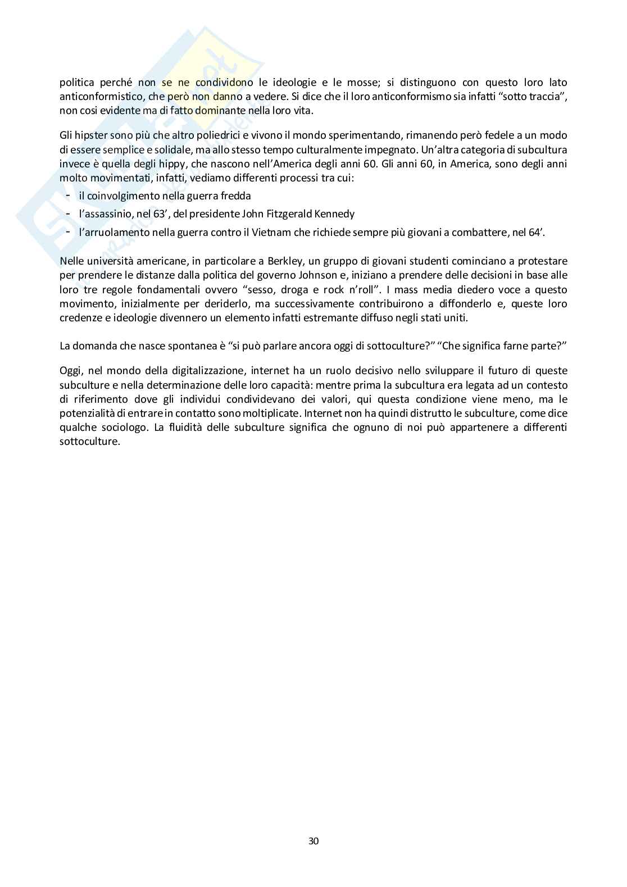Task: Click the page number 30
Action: click(313, 840)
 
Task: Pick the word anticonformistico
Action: click(99, 97)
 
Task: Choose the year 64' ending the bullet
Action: click(537, 232)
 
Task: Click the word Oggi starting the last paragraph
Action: click(70, 371)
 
